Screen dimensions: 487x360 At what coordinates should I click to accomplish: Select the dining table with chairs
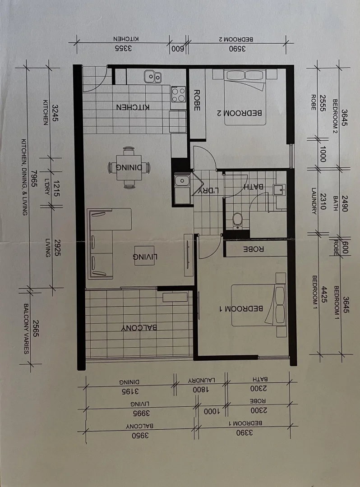click(x=129, y=167)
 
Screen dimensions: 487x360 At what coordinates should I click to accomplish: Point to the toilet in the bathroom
click(x=237, y=221)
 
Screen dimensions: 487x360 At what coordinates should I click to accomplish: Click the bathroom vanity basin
click(x=280, y=190)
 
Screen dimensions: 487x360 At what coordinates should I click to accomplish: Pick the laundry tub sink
click(x=182, y=181)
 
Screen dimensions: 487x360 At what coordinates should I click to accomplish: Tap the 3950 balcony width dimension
click(x=140, y=436)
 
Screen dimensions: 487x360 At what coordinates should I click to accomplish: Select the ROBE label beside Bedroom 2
click(x=197, y=99)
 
